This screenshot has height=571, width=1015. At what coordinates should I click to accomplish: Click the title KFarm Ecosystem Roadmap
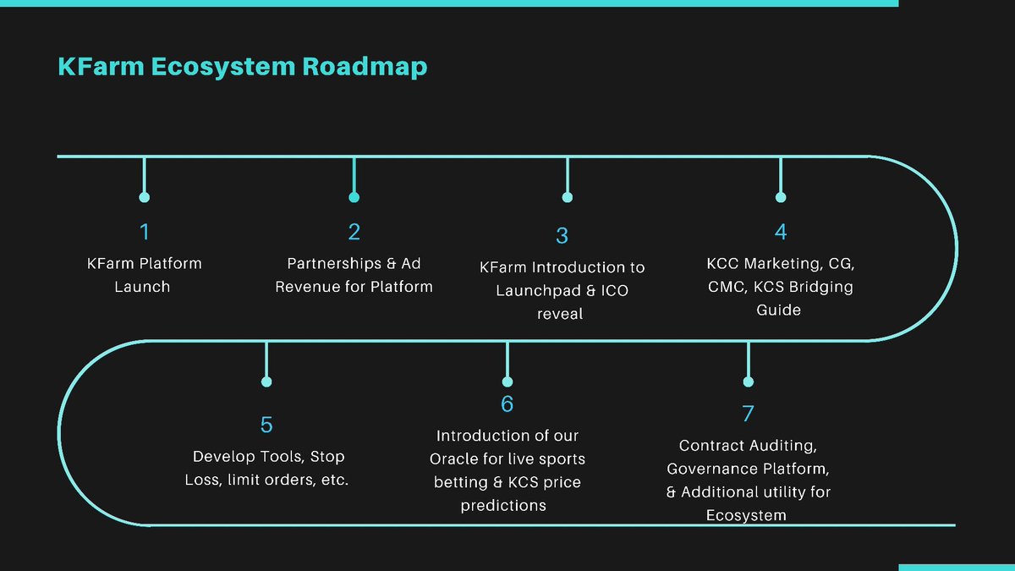pos(242,67)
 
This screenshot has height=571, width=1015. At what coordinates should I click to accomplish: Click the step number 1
pos(144,231)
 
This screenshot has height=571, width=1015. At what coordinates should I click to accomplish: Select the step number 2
pos(354,231)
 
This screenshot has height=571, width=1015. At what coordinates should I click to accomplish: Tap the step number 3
pos(562,236)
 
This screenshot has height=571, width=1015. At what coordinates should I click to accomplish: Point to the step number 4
pos(780,231)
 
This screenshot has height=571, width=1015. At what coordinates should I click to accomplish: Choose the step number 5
pos(266,424)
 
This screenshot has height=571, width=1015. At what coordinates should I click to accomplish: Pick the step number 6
pos(507,404)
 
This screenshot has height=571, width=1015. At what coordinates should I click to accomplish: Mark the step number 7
pos(748,414)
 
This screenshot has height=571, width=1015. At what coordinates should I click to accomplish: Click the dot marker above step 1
pos(144,197)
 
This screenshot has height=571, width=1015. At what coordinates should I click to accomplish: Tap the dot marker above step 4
pos(780,197)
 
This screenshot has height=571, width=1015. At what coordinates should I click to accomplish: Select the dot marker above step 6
pos(507,382)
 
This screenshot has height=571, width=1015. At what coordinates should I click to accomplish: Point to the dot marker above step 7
pos(748,382)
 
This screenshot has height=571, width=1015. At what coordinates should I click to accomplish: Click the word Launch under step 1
pos(142,287)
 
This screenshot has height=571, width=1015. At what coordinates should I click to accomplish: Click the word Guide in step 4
pos(778,310)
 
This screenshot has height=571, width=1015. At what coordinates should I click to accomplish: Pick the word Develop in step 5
pos(223,457)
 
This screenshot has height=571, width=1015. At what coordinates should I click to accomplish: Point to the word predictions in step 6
pos(503,506)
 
